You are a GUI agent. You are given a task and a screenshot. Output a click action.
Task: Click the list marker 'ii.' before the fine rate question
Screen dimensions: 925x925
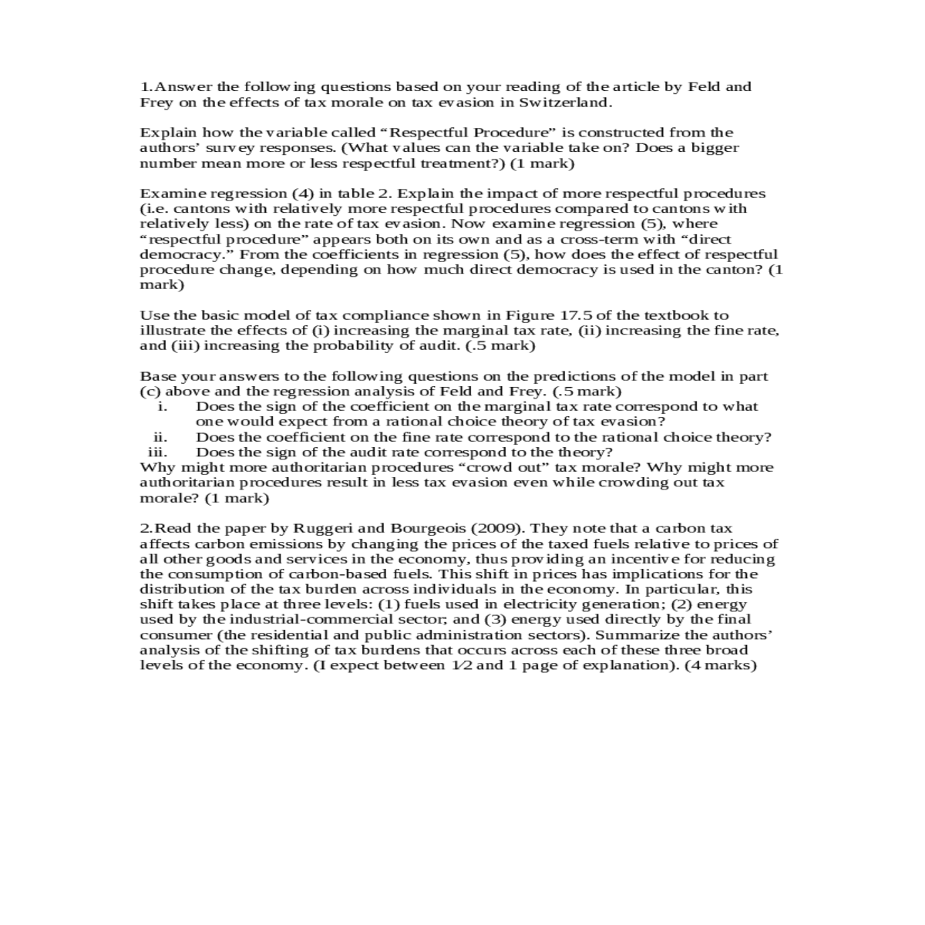(160, 437)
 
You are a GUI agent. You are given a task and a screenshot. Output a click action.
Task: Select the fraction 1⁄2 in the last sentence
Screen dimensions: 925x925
(461, 665)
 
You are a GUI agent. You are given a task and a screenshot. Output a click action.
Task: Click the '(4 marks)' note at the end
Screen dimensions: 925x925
(721, 665)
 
